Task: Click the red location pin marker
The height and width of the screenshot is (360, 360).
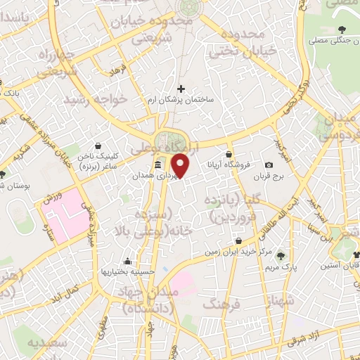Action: pyautogui.click(x=181, y=165)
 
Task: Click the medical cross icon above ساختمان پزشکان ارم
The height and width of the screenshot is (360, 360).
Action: pyautogui.click(x=181, y=89)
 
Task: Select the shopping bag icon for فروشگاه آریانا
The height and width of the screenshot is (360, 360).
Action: pyautogui.click(x=229, y=154)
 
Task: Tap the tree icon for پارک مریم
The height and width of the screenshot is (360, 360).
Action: pyautogui.click(x=281, y=257)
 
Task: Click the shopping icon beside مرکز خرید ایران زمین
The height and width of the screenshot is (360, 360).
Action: pyautogui.click(x=239, y=241)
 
